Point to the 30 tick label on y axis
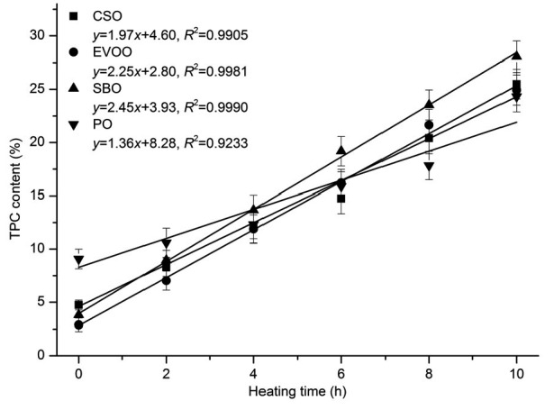(x=36, y=35)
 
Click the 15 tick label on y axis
(x=36, y=196)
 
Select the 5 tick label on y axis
(x=40, y=302)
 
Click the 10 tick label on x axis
(x=516, y=371)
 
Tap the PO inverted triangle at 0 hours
(x=79, y=260)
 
